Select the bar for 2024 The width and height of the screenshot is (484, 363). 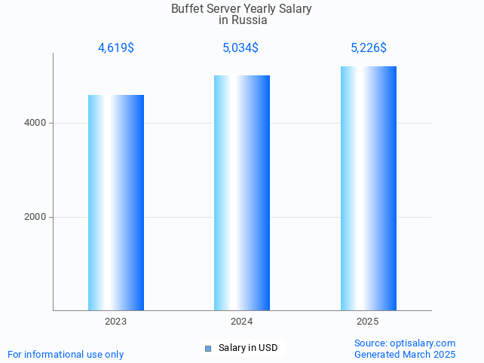click(242, 192)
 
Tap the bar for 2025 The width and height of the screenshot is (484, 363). click(368, 188)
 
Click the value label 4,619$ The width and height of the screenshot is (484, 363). click(116, 48)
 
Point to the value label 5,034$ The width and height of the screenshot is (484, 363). click(240, 48)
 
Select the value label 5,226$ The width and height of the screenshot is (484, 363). click(369, 48)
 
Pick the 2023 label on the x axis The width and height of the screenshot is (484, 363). click(116, 322)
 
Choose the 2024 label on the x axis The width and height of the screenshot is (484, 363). click(242, 322)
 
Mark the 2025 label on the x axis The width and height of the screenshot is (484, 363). click(368, 322)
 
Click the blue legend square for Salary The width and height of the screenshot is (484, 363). click(208, 348)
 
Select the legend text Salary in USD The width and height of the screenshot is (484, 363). click(248, 348)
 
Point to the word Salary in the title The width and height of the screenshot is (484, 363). click(293, 9)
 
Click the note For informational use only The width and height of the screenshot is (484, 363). click(66, 354)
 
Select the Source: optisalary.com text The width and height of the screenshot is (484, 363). click(405, 343)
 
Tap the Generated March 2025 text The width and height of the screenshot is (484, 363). click(405, 354)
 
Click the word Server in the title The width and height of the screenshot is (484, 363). click(225, 9)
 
